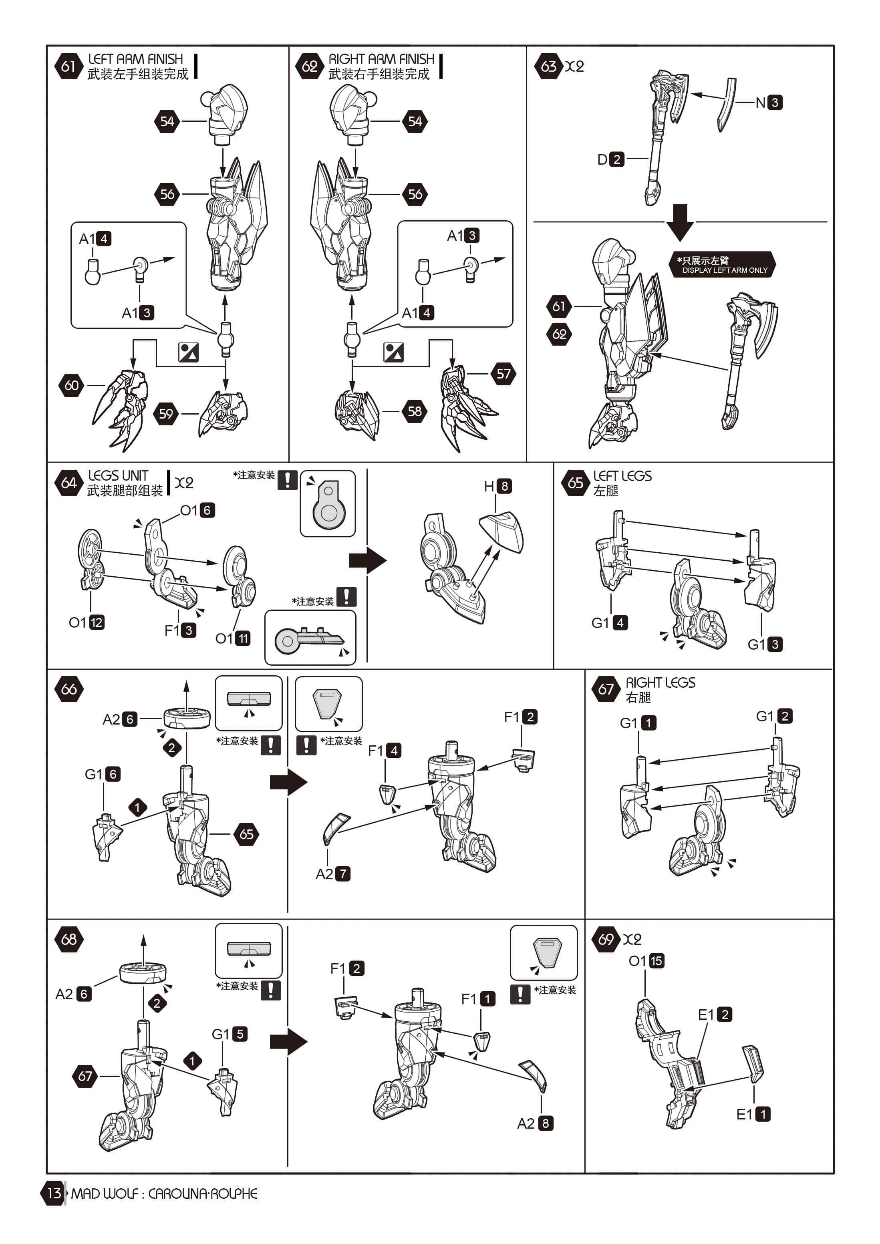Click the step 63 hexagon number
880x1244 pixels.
pos(548,66)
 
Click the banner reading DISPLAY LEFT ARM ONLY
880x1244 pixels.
pos(723,265)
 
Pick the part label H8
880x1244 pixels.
pos(497,486)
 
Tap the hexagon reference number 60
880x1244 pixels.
pos(72,385)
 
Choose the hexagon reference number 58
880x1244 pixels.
pos(415,411)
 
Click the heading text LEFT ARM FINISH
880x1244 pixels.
pos(135,58)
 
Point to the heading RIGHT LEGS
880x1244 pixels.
pos(660,682)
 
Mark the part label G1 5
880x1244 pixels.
pos(229,1034)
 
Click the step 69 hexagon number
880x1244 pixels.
pos(606,939)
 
